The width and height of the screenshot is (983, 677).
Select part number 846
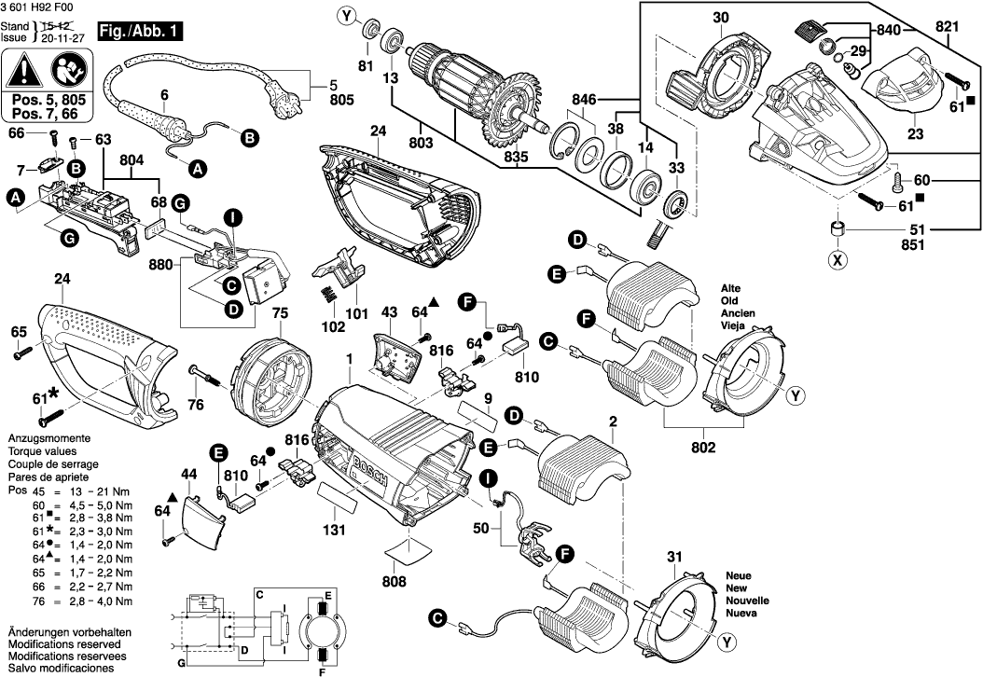coord(585,97)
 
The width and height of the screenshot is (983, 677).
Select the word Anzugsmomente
coord(48,437)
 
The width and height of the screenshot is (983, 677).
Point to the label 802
coord(703,449)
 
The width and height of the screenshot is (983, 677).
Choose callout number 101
coord(356,315)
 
